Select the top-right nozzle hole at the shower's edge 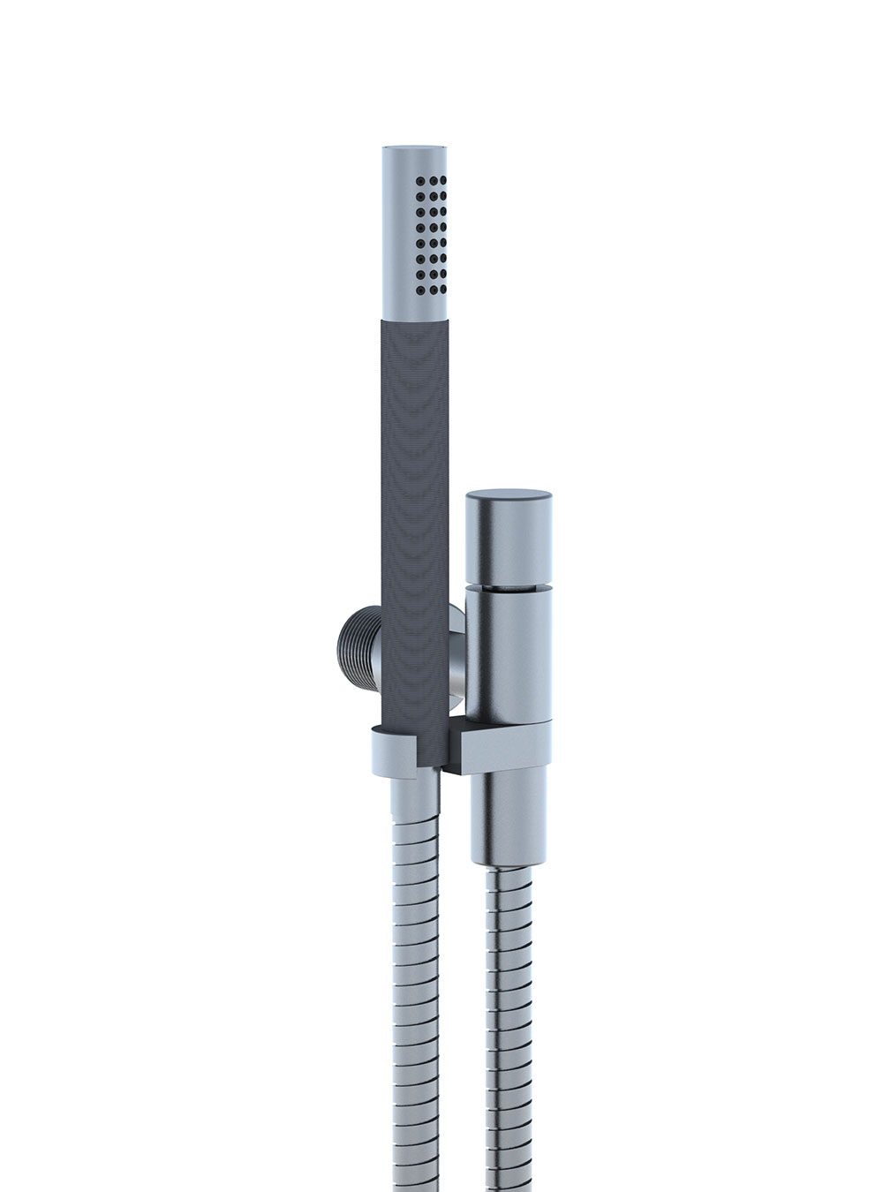point(448,179)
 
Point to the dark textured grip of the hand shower point(415,530)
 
